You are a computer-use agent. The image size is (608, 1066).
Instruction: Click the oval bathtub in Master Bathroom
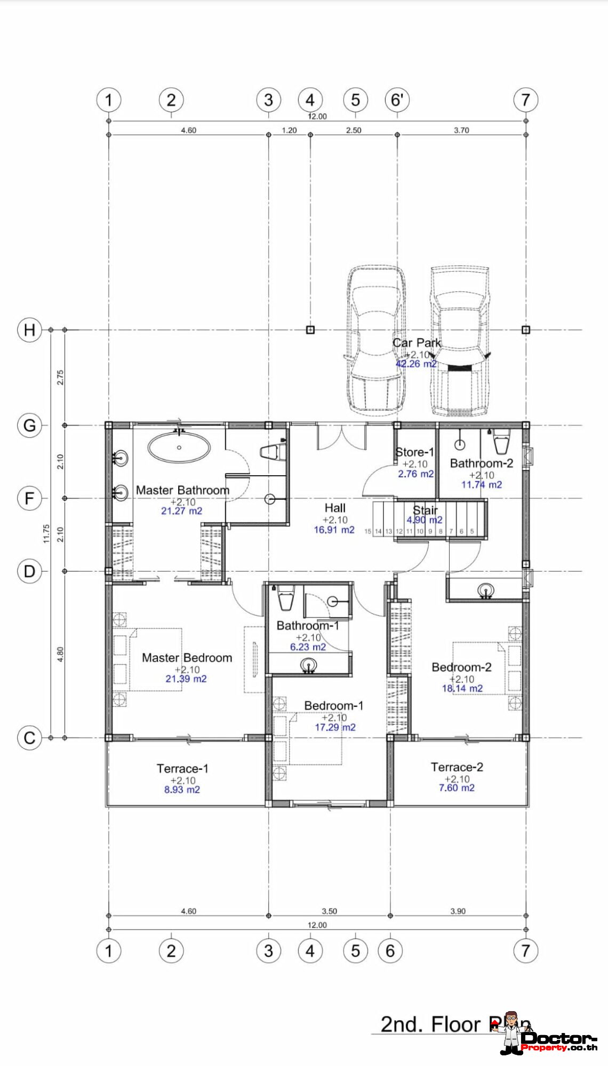pyautogui.click(x=179, y=447)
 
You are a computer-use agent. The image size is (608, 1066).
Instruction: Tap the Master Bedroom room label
pyautogui.click(x=187, y=658)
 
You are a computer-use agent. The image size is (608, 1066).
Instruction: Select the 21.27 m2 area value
pyautogui.click(x=181, y=511)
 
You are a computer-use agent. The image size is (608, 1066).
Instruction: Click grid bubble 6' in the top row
pyautogui.click(x=397, y=100)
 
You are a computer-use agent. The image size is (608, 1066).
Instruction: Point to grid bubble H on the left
pyautogui.click(x=29, y=330)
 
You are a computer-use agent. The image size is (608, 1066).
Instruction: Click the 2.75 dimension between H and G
pyautogui.click(x=60, y=377)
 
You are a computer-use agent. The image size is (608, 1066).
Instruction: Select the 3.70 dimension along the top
pyautogui.click(x=461, y=130)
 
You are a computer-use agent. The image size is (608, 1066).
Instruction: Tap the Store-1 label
pyautogui.click(x=414, y=452)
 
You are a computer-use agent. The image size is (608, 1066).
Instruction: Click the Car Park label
pyautogui.click(x=417, y=343)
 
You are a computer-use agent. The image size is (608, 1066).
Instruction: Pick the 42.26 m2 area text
pyautogui.click(x=416, y=364)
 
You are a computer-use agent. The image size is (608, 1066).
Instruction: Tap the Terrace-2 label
pyautogui.click(x=457, y=767)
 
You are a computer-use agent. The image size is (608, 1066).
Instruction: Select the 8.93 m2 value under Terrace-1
pyautogui.click(x=182, y=790)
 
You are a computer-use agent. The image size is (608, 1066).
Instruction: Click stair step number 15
pyautogui.click(x=367, y=531)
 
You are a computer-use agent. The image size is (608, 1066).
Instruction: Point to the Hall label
pyautogui.click(x=335, y=508)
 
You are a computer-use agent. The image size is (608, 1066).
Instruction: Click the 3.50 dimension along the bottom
pyautogui.click(x=329, y=911)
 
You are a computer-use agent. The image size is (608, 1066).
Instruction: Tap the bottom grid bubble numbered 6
pyautogui.click(x=390, y=950)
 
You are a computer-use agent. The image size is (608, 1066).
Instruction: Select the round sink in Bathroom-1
pyautogui.click(x=308, y=665)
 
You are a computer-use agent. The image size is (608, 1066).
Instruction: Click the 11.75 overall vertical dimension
pyautogui.click(x=46, y=533)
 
